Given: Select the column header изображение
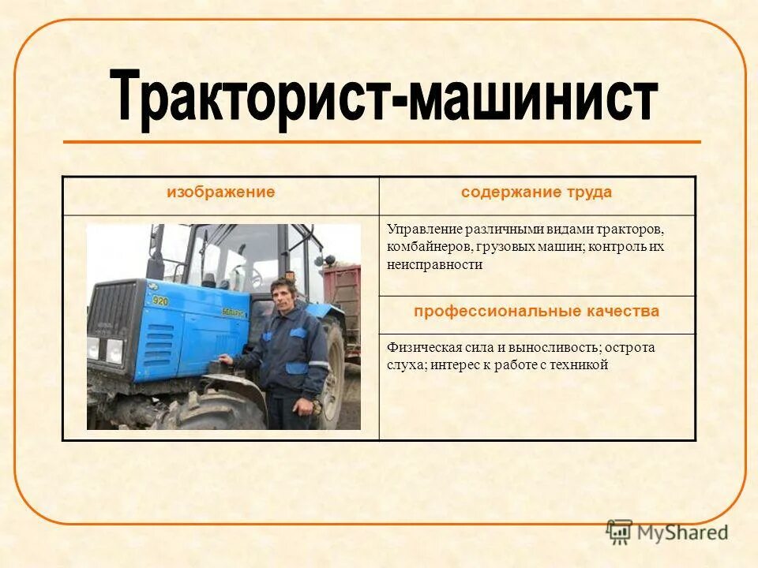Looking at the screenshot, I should point(220,192).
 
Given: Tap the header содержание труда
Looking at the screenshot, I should point(537,192).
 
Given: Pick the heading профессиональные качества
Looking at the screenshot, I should point(537,312).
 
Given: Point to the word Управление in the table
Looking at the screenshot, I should point(422,229).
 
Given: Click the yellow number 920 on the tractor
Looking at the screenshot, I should point(160,301).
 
